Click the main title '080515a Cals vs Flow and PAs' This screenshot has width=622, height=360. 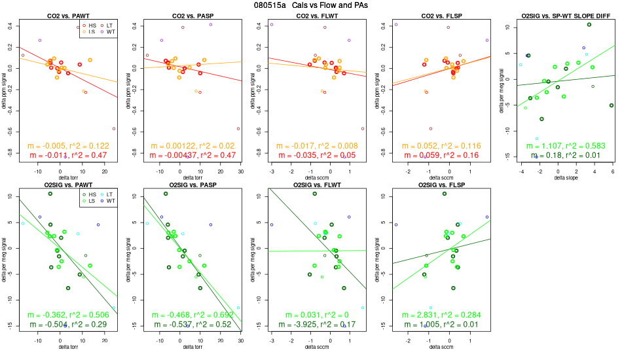coord(311,5)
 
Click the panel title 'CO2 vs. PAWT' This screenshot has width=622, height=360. coord(68,15)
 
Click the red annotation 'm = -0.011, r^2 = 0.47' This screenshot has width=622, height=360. coord(68,155)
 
